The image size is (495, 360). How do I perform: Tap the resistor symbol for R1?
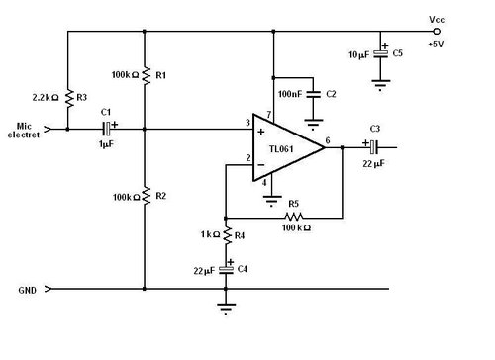pos(145,75)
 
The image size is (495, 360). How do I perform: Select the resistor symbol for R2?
pos(145,196)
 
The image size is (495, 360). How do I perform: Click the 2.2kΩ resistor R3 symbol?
pos(68,98)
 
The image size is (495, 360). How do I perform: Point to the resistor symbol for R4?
pos(227,236)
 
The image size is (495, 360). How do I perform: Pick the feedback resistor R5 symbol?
pos(290,216)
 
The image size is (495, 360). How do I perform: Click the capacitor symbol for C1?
pos(108,128)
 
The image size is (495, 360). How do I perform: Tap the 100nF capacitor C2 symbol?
pos(315,95)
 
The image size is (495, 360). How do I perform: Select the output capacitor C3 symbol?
pos(374,147)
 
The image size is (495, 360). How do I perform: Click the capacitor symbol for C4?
pos(227,270)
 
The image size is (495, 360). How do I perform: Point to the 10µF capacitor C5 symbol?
pos(379,53)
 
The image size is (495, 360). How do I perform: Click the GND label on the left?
pos(29,291)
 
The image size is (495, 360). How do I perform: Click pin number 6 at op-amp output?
pos(328,140)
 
